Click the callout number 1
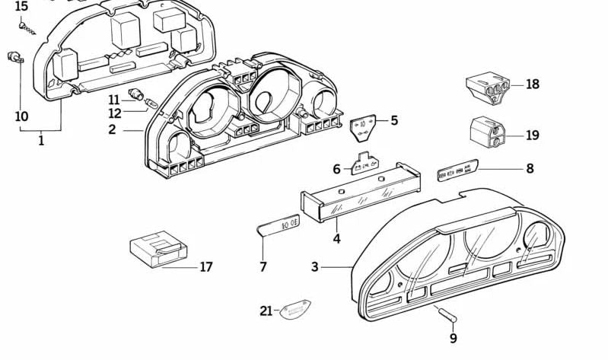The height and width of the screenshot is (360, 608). (x=41, y=140)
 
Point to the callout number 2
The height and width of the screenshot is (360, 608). (x=112, y=129)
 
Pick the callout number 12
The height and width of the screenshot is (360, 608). (x=114, y=113)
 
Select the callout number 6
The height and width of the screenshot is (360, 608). (x=336, y=169)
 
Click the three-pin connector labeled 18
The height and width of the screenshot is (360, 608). (x=488, y=89)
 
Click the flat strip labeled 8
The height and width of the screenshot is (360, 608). (x=457, y=170)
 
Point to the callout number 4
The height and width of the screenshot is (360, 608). (x=336, y=239)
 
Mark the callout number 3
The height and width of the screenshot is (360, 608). (x=315, y=267)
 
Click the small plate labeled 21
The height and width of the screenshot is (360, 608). (x=296, y=311)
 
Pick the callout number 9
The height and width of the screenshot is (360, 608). (x=454, y=339)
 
